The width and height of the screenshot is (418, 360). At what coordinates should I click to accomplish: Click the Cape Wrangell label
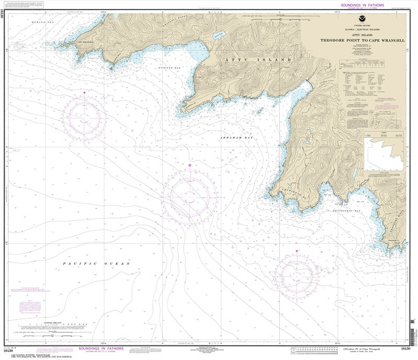pyautogui.click(x=85, y=42)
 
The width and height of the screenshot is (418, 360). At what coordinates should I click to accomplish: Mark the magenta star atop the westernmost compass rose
pyautogui.click(x=84, y=92)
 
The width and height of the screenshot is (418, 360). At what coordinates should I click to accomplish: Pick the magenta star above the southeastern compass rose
pyautogui.click(x=297, y=251)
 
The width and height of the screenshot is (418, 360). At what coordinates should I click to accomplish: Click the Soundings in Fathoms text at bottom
pyautogui.click(x=100, y=349)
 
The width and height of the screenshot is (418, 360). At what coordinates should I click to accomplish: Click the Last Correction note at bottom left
pyautogui.click(x=31, y=353)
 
